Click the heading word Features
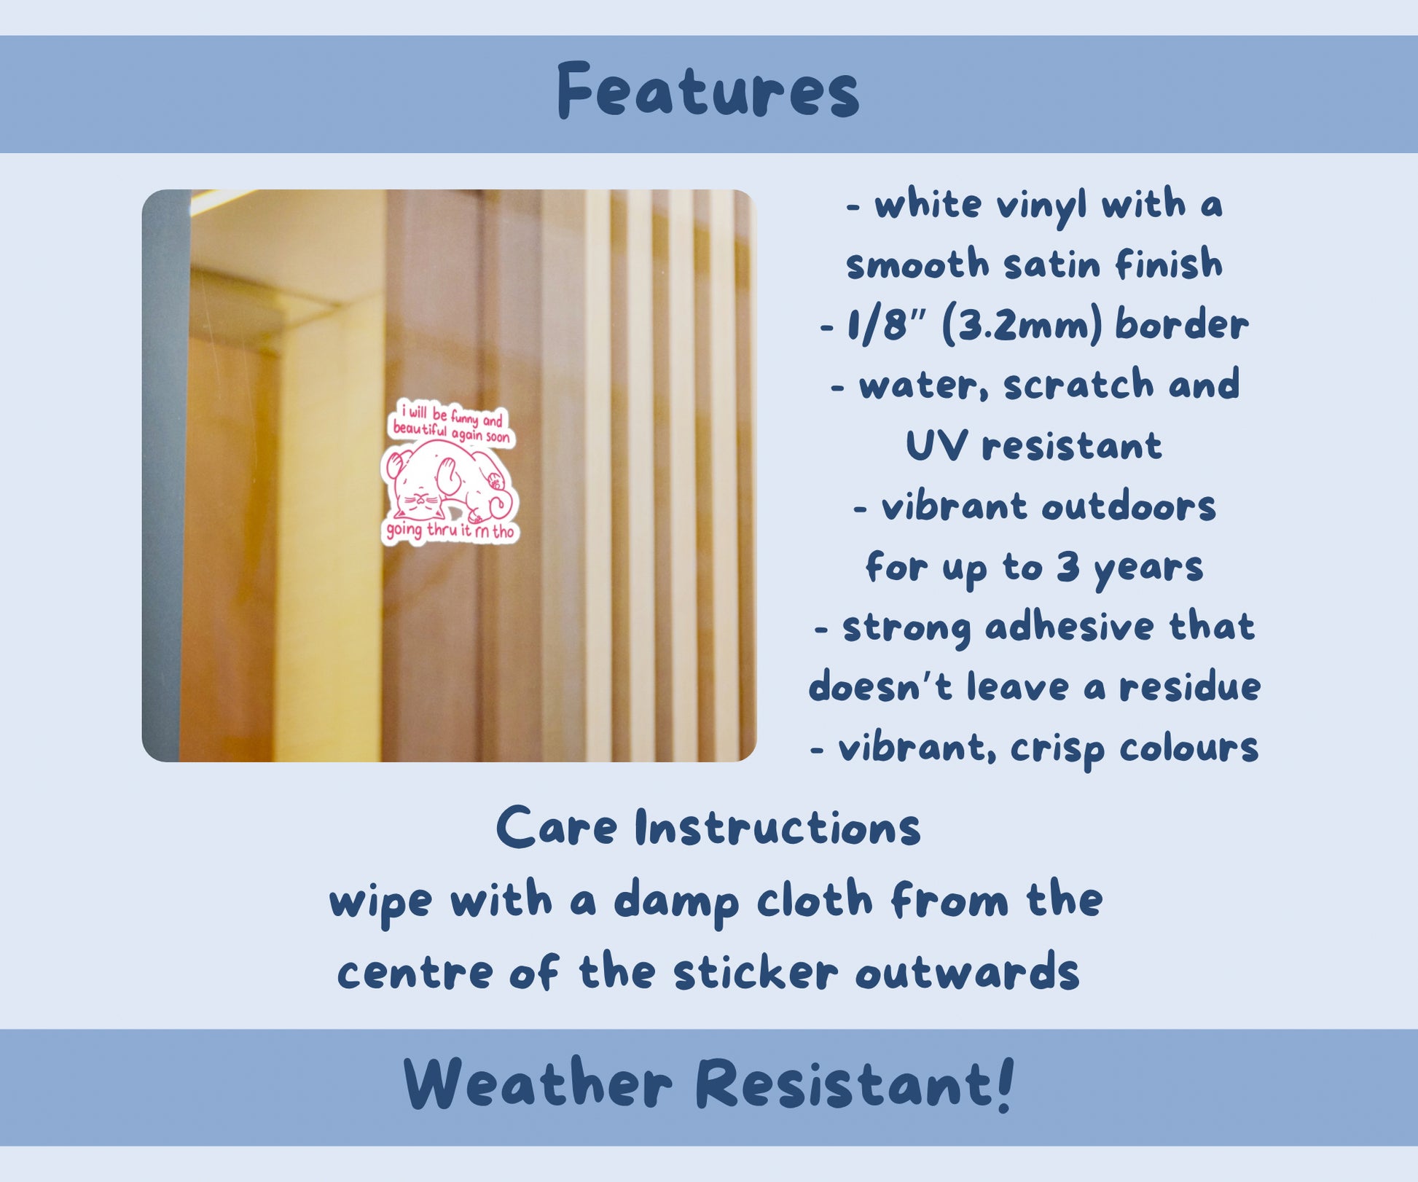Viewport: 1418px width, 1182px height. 708,91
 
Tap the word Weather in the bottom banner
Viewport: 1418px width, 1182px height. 538,1084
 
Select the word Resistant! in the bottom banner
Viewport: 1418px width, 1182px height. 855,1084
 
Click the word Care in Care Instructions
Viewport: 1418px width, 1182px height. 557,828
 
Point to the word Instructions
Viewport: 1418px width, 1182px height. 777,828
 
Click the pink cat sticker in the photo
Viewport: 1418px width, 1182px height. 450,472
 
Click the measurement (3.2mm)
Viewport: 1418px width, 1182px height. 1022,326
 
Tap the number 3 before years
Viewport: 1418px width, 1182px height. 1068,566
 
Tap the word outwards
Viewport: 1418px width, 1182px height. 967,973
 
